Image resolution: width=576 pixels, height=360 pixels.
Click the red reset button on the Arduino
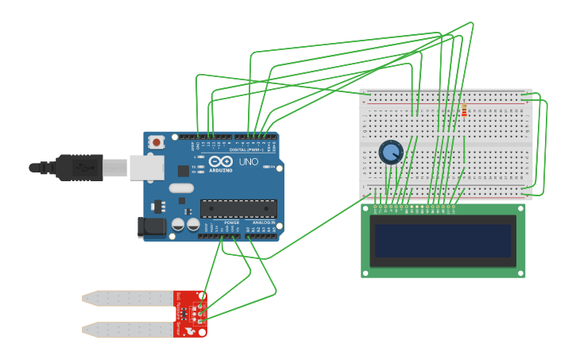click(x=157, y=142)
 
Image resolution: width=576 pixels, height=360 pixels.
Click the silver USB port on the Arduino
click(x=147, y=167)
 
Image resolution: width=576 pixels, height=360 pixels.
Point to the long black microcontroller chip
click(x=238, y=209)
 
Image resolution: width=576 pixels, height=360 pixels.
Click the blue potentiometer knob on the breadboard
click(x=391, y=152)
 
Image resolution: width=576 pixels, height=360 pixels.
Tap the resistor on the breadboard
click(x=464, y=111)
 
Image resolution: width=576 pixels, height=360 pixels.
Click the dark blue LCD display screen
click(x=443, y=241)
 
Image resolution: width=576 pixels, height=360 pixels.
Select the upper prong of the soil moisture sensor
click(x=127, y=298)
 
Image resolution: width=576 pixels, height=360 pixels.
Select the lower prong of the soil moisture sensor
click(x=127, y=328)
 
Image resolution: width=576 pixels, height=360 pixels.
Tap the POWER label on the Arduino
click(x=231, y=223)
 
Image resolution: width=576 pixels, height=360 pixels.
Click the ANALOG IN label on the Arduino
click(x=264, y=223)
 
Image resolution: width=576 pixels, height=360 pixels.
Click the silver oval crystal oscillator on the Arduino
click(x=181, y=189)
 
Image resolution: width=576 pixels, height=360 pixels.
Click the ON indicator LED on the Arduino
click(x=271, y=168)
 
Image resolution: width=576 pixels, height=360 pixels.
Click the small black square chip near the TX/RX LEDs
click(x=184, y=170)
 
